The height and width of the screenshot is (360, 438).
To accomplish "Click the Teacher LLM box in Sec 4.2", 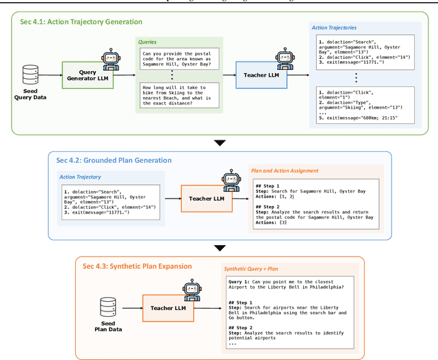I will point(207,198).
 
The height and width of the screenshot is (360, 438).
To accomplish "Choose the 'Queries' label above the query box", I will point(151,42).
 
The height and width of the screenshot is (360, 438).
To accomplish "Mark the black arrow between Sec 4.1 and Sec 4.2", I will point(219,143).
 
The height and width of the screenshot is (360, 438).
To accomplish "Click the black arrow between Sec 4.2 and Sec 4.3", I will point(219,248).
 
